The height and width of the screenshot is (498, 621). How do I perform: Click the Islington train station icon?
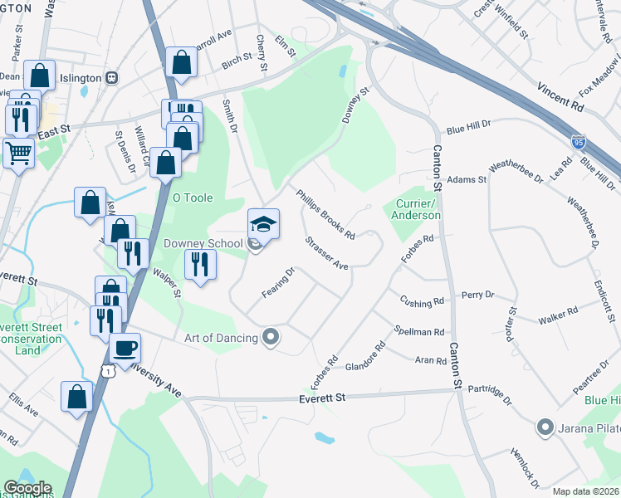(120, 78)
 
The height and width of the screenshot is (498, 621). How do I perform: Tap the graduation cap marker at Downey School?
(263, 224)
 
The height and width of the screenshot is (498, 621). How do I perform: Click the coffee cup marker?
(125, 348)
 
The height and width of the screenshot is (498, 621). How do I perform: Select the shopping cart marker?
(17, 153)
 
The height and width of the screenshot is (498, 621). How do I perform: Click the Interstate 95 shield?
(578, 142)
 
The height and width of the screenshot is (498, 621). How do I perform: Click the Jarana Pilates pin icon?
(545, 428)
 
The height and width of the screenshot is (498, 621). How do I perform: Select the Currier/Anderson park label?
(417, 209)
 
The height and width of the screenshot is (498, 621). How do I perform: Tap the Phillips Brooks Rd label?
(326, 212)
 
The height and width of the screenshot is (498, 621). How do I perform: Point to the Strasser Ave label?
(326, 254)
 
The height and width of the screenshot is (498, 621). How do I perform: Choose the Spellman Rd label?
(420, 331)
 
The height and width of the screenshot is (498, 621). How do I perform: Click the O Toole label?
(192, 198)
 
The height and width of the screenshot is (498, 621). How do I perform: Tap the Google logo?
(27, 488)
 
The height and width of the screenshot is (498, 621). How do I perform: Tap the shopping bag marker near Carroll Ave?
(181, 62)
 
